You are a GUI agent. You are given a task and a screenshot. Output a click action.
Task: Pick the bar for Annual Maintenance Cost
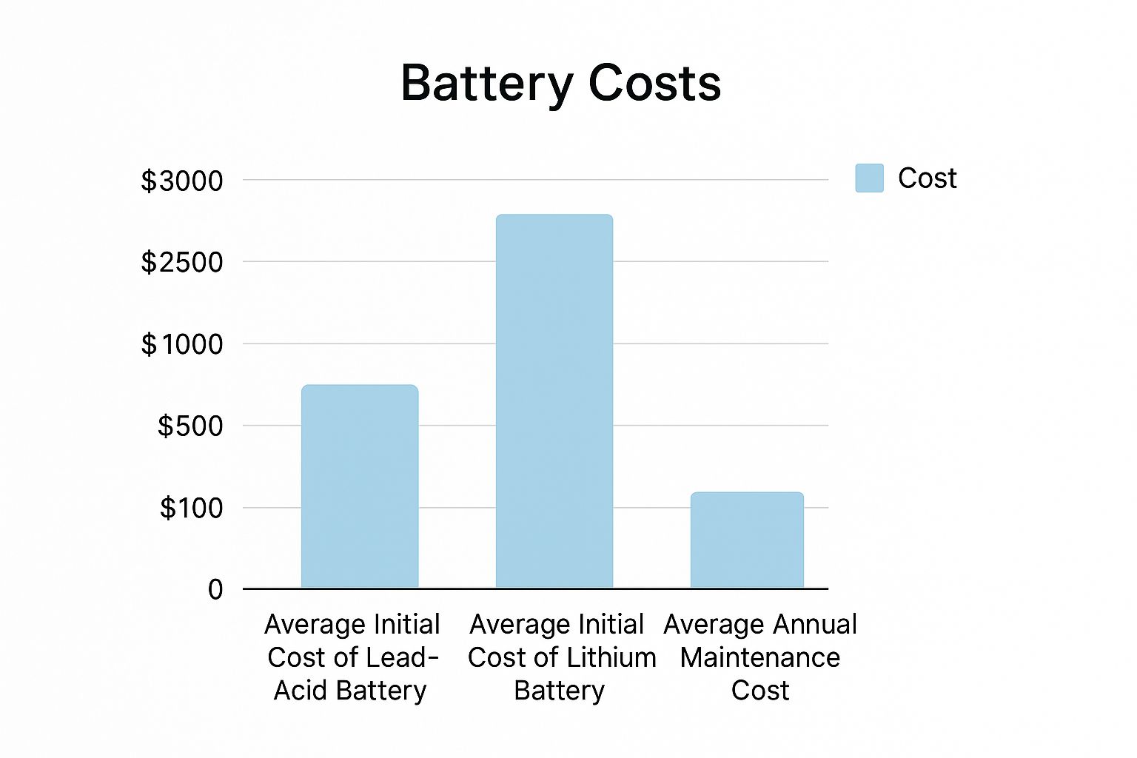click(747, 540)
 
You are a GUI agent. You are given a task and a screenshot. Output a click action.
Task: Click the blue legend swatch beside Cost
click(869, 178)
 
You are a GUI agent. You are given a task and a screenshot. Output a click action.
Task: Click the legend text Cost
click(927, 178)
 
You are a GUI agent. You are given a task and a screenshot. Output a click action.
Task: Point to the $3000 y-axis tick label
click(182, 181)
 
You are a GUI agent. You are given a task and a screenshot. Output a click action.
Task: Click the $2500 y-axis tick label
click(182, 262)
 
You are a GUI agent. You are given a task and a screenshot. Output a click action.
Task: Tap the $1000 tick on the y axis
click(182, 344)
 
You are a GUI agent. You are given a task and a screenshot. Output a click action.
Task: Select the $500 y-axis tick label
click(190, 426)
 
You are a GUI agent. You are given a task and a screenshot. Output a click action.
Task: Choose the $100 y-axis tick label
click(191, 509)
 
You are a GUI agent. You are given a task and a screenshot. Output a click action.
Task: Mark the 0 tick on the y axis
click(215, 590)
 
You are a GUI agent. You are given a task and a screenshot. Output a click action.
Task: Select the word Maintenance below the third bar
click(760, 657)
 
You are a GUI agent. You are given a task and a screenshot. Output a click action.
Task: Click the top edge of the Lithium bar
click(554, 215)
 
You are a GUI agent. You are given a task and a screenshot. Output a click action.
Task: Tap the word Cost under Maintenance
click(760, 691)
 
